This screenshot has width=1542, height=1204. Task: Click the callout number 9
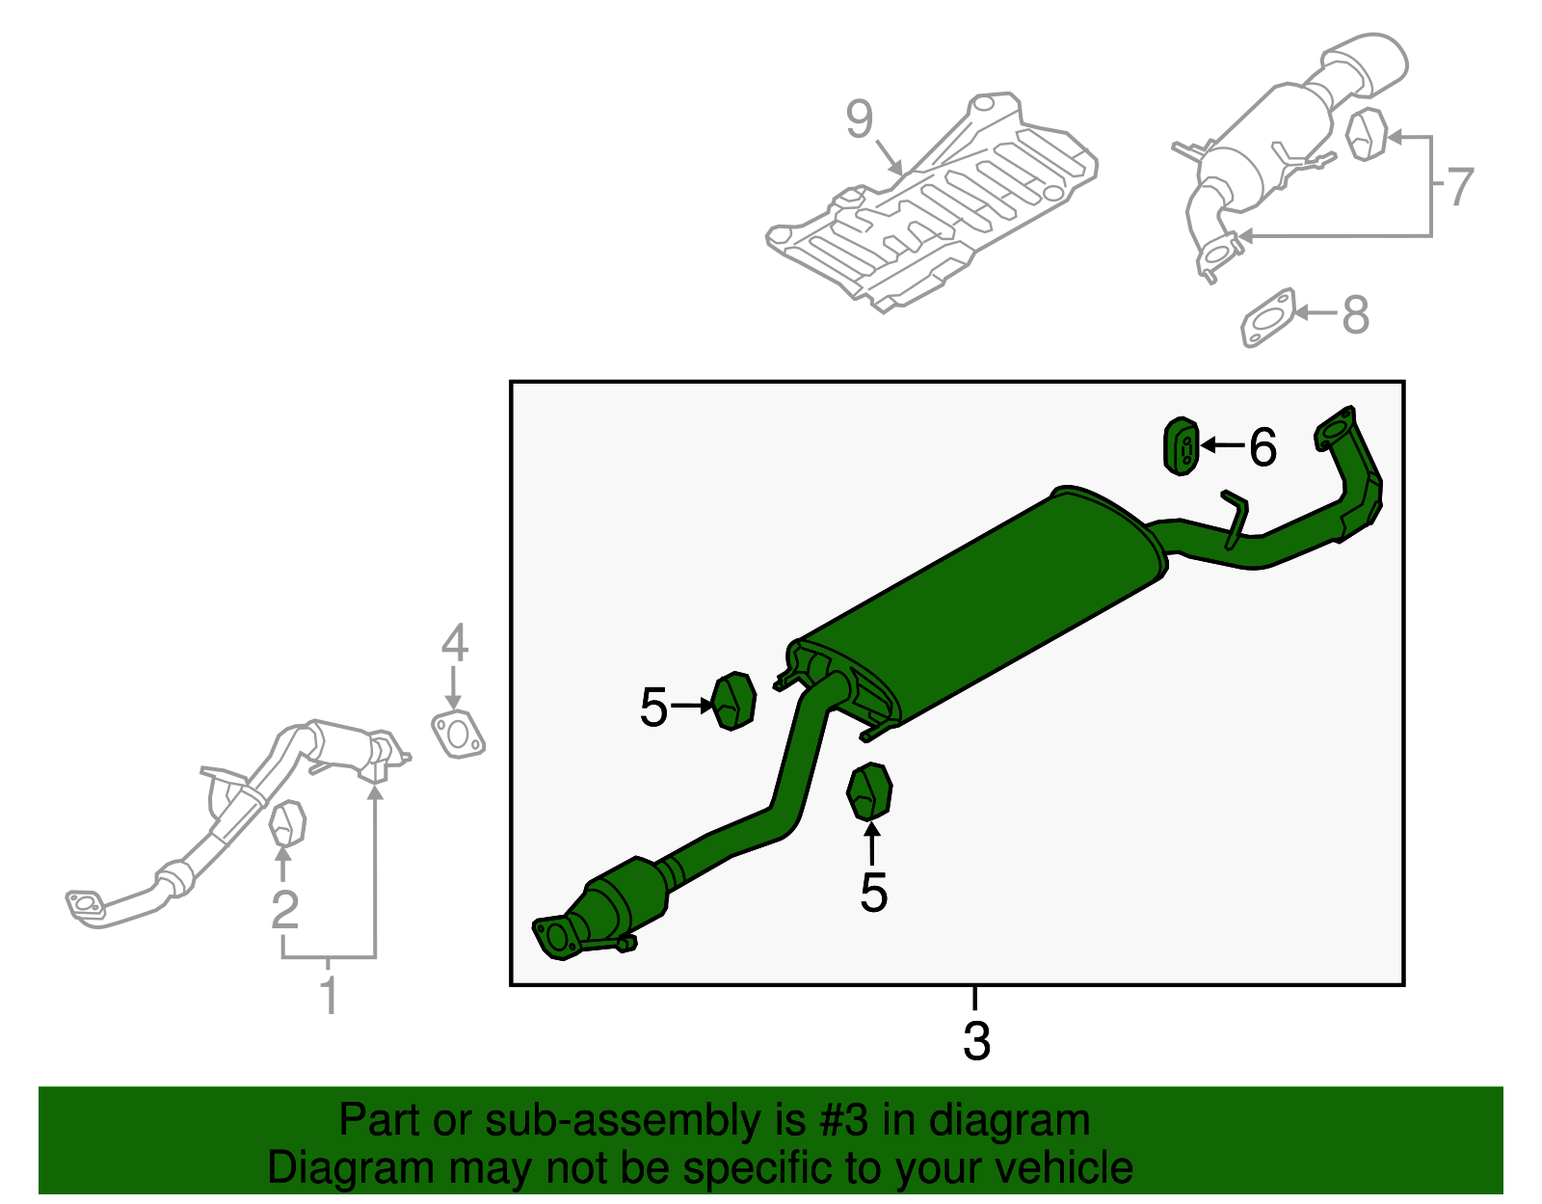pos(859,120)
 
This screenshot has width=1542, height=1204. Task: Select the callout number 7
pos(1460,186)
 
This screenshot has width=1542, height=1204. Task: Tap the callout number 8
pos(1355,315)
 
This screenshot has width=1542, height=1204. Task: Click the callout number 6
pos(1263,447)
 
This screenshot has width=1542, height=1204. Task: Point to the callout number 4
pos(454,643)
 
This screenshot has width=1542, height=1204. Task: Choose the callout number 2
pos(284,909)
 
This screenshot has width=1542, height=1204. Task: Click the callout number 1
pos(329,995)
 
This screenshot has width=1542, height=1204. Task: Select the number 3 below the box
pos(976,1042)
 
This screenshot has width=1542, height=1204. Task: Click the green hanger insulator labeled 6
pos(1182,447)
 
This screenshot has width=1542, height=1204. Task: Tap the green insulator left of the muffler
pos(734,702)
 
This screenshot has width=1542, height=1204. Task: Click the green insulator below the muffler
pos(869,791)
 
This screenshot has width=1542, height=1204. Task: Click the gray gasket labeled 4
pos(457,735)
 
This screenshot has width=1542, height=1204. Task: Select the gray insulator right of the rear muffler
pos(1366,135)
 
